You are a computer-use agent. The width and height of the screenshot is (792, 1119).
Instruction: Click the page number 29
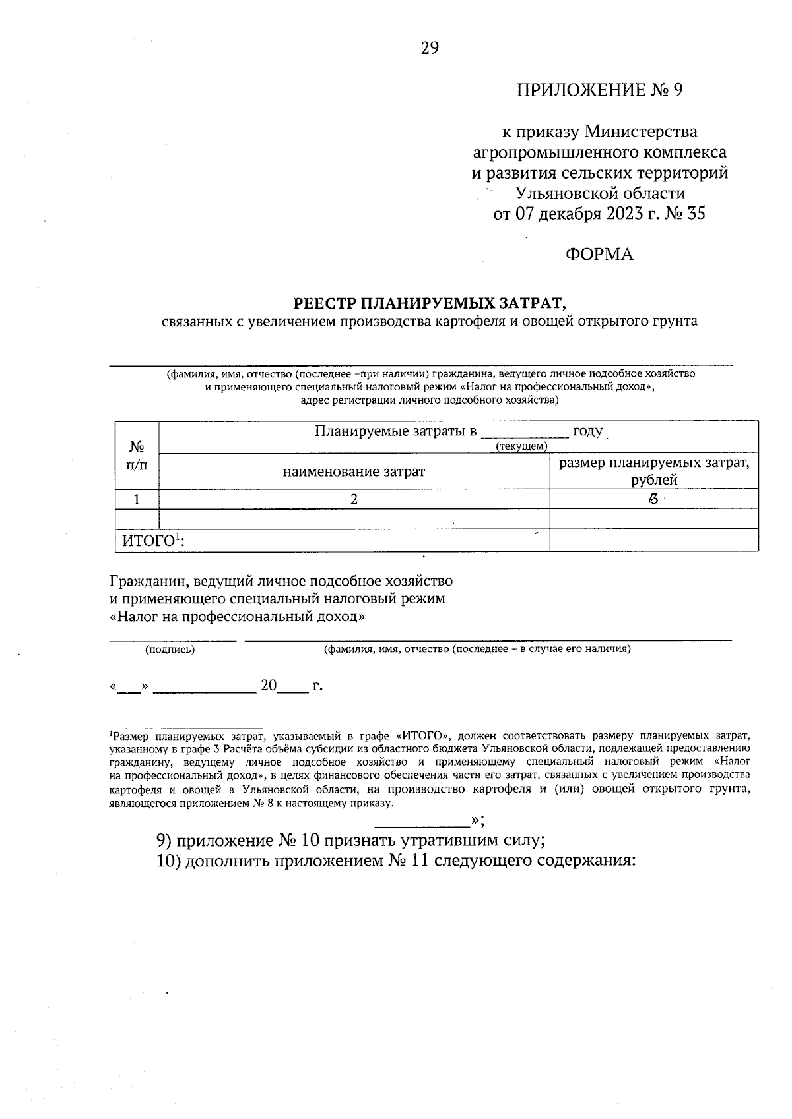coord(429,48)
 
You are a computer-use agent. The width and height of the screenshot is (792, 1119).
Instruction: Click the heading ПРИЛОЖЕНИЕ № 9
coord(599,90)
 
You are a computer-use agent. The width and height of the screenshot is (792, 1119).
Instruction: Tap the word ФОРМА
coord(599,255)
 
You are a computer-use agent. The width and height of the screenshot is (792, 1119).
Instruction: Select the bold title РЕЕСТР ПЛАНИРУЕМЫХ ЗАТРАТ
coord(430,303)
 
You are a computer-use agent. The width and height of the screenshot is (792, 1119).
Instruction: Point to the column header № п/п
coord(137,456)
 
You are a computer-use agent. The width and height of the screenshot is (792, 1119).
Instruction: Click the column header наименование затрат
coord(354,472)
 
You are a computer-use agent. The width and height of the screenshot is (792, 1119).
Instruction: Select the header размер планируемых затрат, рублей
coord(653,471)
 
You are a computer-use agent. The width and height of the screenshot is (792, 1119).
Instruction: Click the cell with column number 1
coord(137,499)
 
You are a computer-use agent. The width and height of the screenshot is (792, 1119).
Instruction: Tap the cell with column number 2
coord(354,499)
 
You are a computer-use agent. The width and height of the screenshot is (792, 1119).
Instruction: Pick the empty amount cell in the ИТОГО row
coord(653,541)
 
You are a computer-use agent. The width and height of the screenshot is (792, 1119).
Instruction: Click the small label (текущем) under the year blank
coord(521,446)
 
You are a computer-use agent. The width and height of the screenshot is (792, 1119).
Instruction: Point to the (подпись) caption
coord(170,650)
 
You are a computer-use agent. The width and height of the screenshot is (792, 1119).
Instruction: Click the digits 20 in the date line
coord(268,686)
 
